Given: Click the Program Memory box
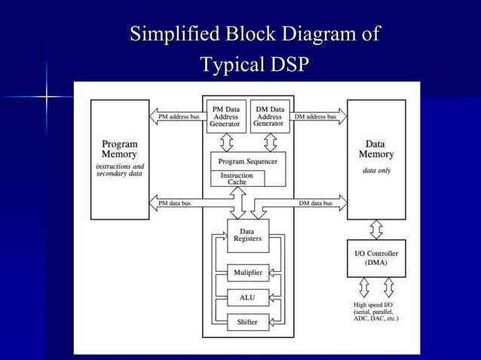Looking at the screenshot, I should click(119, 159).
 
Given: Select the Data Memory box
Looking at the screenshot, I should click(375, 159).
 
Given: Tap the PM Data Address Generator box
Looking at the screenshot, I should click(225, 117).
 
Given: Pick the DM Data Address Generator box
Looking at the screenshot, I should click(268, 117).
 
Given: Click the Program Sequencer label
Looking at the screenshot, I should click(247, 161).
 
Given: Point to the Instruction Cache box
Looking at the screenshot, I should click(237, 178).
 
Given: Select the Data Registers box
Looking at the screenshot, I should click(247, 235).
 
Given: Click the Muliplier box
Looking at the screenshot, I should click(247, 273).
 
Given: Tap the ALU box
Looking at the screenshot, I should click(247, 297).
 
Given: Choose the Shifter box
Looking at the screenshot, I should click(247, 322).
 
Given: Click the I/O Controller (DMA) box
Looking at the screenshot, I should click(375, 258).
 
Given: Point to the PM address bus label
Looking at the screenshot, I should click(179, 117).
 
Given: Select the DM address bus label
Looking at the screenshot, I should click(315, 117).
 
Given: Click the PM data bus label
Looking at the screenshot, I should click(174, 203).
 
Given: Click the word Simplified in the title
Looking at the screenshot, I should click(172, 35).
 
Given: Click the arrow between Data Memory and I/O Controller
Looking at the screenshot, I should click(375, 229).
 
